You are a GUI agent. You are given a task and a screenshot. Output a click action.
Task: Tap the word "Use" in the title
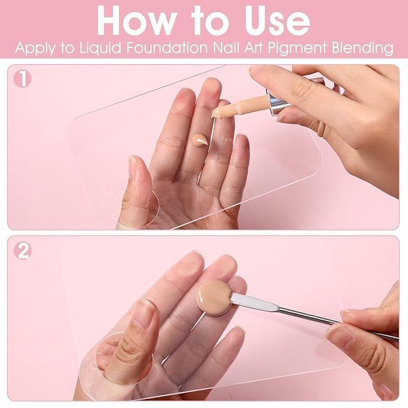tap(277, 21)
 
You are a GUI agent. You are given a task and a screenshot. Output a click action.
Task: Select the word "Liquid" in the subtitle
tap(100, 48)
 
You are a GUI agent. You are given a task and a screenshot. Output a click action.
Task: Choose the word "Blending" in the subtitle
tap(362, 48)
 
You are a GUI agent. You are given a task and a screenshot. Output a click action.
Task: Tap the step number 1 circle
tap(23, 79)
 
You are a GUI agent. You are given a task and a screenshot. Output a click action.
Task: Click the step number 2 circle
tap(23, 251)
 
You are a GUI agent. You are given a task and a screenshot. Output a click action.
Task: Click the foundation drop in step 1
tap(199, 140)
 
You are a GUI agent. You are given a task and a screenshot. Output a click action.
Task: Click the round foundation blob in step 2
tap(215, 295)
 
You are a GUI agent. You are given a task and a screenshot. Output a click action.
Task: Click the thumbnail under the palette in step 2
tap(144, 314)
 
